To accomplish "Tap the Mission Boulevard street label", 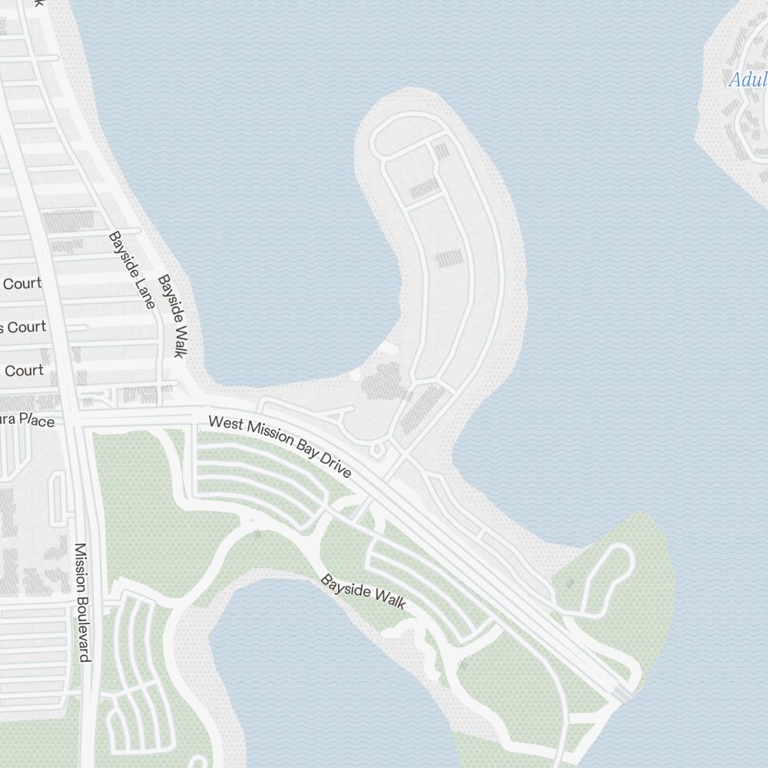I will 82,602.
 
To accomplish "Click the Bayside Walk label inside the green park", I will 362,592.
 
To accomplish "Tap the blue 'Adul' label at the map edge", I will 747,80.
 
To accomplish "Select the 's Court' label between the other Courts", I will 23,327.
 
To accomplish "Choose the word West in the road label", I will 224,425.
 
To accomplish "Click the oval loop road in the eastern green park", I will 606,580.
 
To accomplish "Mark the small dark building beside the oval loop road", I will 570,584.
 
